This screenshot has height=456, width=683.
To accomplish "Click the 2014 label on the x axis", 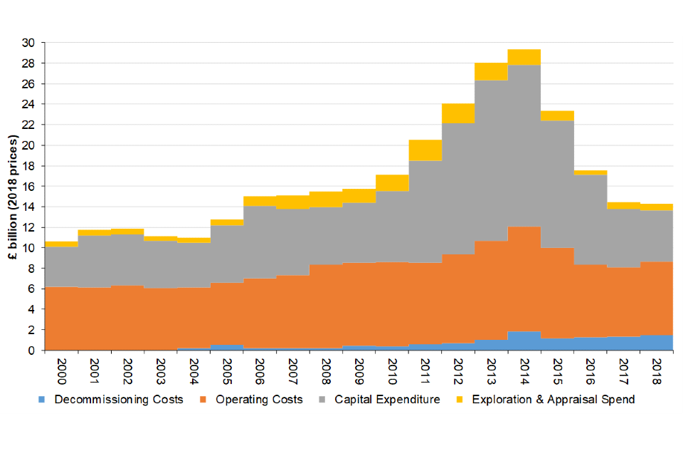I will (524, 371).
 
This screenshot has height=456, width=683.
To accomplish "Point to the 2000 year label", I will (60, 371).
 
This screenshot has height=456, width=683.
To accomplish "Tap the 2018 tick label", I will (657, 371).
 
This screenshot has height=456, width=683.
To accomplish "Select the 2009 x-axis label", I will (359, 371).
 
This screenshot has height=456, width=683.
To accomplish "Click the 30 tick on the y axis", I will (29, 43).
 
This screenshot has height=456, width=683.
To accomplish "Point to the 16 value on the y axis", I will (29, 187).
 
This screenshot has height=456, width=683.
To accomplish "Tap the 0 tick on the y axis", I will (32, 351).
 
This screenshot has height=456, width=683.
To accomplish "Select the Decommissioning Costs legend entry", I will (118, 399).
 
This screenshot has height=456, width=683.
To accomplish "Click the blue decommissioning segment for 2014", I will (524, 341).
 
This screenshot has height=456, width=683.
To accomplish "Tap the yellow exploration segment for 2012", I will (458, 113).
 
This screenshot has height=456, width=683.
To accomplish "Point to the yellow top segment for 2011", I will (425, 150).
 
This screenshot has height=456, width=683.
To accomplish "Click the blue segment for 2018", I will (657, 343).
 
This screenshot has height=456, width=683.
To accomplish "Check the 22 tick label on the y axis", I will (29, 125).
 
